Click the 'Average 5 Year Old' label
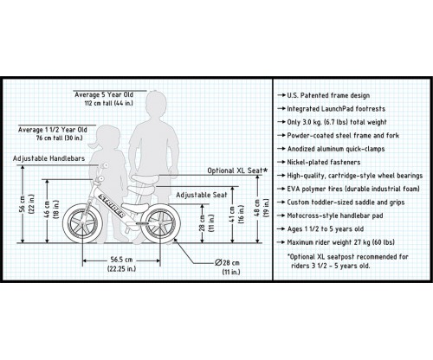tap(104, 94)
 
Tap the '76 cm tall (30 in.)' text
tap(60, 138)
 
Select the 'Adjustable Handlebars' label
tap(48, 158)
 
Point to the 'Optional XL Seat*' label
tap(237, 170)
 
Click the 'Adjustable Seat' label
tap(202, 195)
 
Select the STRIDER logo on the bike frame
tap(112, 206)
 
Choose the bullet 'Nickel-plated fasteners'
tap(319, 163)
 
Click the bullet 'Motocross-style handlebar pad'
tap(330, 215)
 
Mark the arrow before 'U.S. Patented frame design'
tap(281, 95)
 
